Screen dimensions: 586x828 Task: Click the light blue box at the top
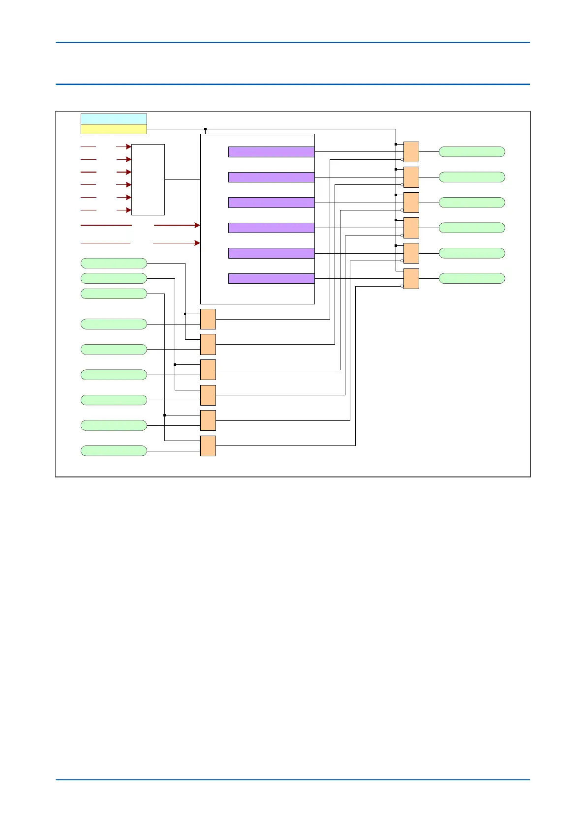[114, 118]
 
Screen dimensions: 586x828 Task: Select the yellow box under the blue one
[114, 129]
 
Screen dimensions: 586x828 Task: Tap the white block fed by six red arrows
[148, 179]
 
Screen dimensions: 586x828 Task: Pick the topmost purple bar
[271, 152]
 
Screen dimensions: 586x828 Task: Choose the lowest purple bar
[271, 278]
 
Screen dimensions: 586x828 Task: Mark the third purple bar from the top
[271, 203]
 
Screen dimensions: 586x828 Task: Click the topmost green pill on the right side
[471, 152]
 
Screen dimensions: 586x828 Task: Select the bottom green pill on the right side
[471, 278]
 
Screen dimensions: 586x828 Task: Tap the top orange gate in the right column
[411, 152]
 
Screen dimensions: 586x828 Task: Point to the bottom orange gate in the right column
[411, 279]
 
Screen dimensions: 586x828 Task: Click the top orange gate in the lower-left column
[208, 319]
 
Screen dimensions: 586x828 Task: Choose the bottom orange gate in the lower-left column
[208, 446]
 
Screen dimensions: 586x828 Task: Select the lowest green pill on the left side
[114, 451]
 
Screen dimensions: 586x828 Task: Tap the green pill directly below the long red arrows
[114, 263]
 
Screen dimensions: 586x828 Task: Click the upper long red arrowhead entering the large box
[197, 225]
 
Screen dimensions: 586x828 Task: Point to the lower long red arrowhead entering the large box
[197, 243]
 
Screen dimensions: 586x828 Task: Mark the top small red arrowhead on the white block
[129, 147]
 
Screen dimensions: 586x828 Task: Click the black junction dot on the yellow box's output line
[205, 129]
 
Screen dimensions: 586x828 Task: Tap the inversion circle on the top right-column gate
[402, 159]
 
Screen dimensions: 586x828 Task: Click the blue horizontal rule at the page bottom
[293, 779]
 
